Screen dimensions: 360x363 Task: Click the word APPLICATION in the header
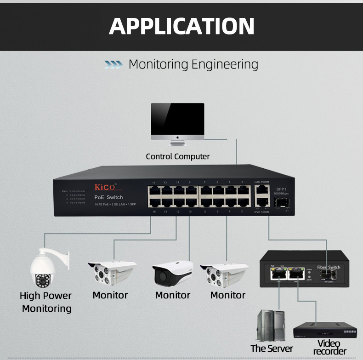click(181, 26)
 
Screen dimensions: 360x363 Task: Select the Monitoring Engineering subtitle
click(193, 64)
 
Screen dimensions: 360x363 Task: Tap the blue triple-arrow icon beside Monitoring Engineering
click(113, 64)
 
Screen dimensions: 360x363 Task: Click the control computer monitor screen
click(177, 119)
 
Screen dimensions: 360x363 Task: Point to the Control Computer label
click(177, 156)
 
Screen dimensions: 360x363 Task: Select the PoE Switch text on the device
click(108, 197)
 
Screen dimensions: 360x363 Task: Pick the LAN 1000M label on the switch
click(261, 182)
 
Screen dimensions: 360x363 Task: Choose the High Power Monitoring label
click(46, 302)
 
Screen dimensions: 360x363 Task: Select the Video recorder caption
click(329, 348)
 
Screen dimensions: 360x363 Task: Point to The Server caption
click(272, 349)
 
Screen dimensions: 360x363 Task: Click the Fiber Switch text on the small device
click(329, 267)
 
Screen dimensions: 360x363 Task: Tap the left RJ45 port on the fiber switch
click(277, 274)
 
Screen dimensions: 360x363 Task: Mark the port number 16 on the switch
click(154, 211)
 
